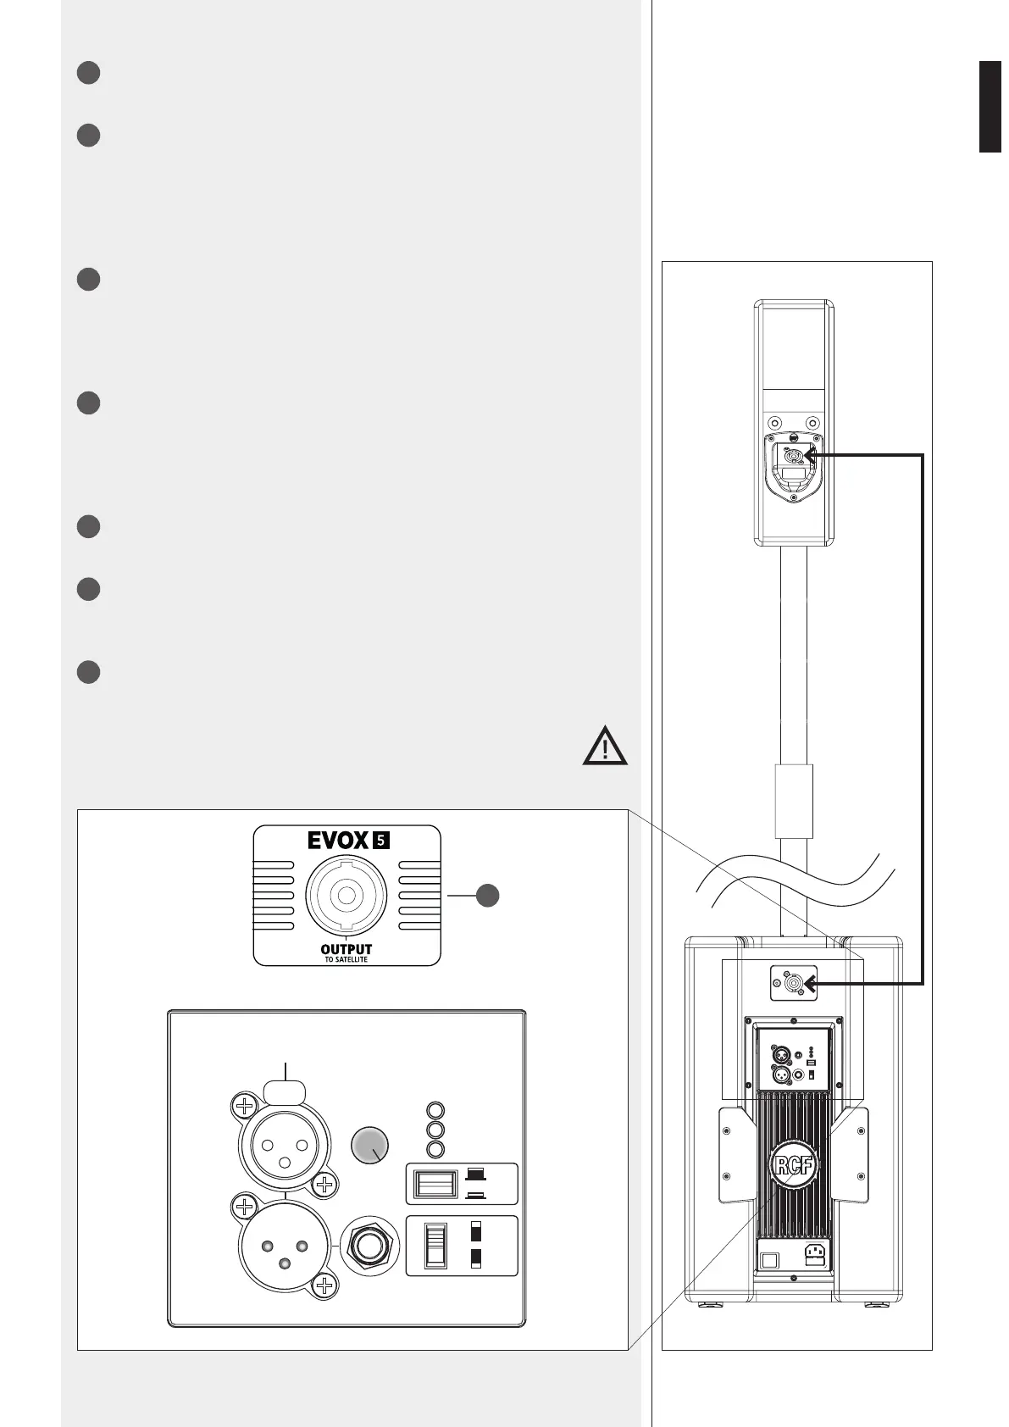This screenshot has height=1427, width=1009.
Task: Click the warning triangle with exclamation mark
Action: point(605,747)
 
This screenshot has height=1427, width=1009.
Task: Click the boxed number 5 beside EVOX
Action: point(381,841)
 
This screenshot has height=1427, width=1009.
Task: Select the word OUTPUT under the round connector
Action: point(346,949)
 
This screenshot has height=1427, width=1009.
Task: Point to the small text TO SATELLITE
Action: point(346,960)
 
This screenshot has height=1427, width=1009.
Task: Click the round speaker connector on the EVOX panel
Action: point(346,895)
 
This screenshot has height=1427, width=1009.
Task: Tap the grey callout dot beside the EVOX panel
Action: point(486,895)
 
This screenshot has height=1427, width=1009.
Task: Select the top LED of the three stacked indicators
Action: point(435,1111)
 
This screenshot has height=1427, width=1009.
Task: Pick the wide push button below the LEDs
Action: point(435,1183)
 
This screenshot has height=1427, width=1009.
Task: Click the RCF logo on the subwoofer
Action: point(793,1167)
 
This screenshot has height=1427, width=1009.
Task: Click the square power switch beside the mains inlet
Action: point(769,1260)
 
